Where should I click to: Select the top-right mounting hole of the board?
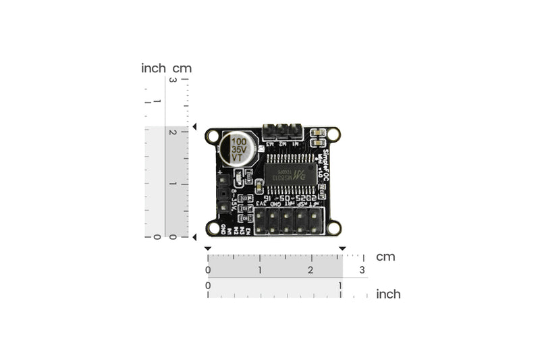333,136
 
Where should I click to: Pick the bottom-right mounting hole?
333,228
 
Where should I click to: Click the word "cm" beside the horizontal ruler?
385,257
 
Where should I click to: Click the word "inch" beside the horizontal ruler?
387,294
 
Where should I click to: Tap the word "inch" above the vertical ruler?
153,68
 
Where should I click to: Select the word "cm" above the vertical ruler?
182,68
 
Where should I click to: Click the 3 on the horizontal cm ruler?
362,270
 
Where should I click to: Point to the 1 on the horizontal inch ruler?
340,285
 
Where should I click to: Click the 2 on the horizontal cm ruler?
310,270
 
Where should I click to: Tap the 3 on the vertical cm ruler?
173,80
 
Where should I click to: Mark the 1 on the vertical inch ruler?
157,101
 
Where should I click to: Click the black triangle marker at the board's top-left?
194,127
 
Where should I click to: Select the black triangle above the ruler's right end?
342,249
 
